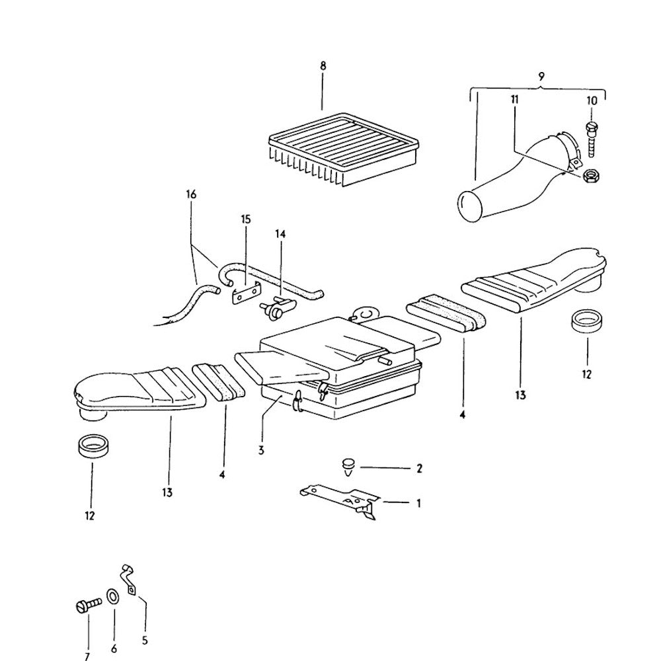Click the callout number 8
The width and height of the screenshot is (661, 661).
[x=323, y=66]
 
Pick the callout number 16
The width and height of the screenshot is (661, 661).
[x=192, y=195]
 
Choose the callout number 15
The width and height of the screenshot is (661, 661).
[x=246, y=219]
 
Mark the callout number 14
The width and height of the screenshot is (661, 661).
[x=280, y=235]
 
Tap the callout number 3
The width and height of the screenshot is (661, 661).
[x=262, y=450]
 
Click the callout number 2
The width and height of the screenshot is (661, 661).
[x=418, y=469]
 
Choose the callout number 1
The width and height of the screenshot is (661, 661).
[x=418, y=504]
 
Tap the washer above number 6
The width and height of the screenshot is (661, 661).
[x=113, y=597]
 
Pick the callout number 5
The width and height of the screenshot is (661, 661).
[x=145, y=640]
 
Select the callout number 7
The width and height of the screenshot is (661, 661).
[x=87, y=656]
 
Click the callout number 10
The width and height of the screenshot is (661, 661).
[x=591, y=100]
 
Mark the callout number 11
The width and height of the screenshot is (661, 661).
[x=514, y=99]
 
